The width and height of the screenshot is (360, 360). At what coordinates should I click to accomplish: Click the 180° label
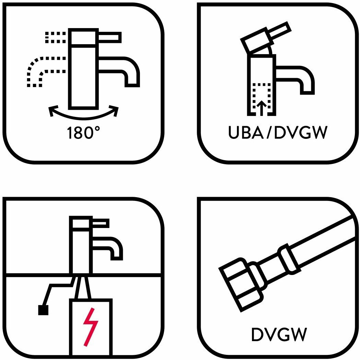[x=81, y=133]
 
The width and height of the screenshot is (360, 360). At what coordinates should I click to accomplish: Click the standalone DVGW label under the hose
[x=278, y=334]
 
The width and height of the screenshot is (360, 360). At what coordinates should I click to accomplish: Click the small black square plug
[x=43, y=310]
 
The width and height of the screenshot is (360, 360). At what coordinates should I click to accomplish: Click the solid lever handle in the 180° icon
[x=110, y=37]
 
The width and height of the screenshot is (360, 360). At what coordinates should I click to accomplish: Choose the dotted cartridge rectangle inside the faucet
[x=262, y=98]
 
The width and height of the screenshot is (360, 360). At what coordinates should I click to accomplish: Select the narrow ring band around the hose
[x=290, y=260]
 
